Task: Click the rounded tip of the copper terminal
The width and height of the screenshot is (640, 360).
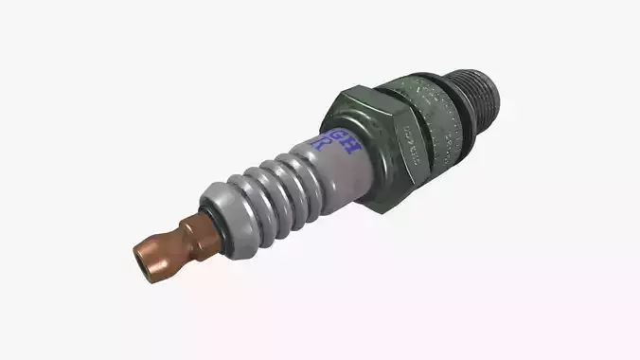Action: (x=145, y=261)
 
